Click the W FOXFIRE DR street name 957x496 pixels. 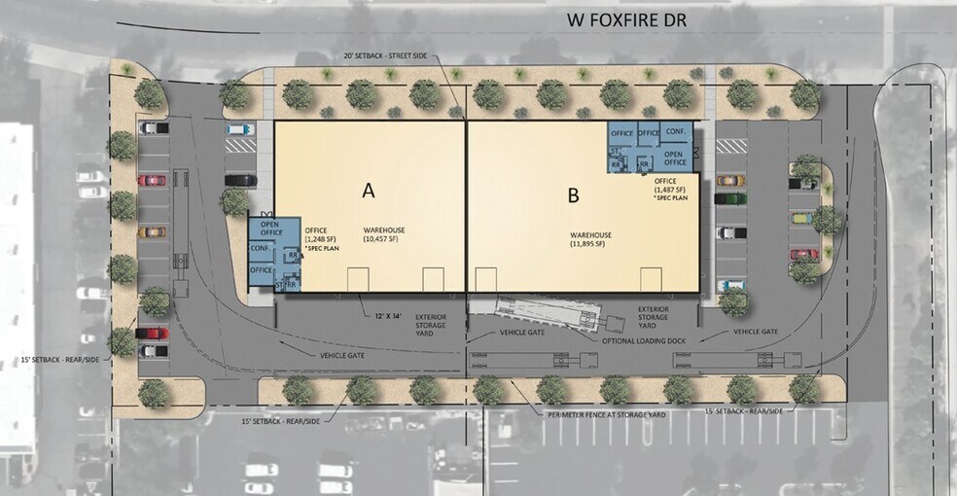click(x=625, y=20)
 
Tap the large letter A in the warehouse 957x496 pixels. click(x=369, y=189)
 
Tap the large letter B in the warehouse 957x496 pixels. click(x=573, y=195)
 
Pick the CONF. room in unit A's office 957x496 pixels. click(x=260, y=248)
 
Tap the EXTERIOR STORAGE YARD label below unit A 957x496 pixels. click(x=430, y=323)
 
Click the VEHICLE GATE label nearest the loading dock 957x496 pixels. click(x=521, y=335)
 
